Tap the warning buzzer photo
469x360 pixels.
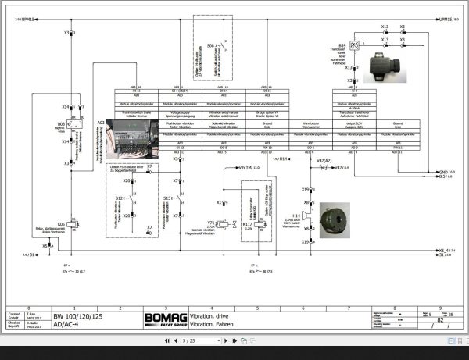(336, 220)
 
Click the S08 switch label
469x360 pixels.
(210, 46)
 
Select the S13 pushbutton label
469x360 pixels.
(167, 198)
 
